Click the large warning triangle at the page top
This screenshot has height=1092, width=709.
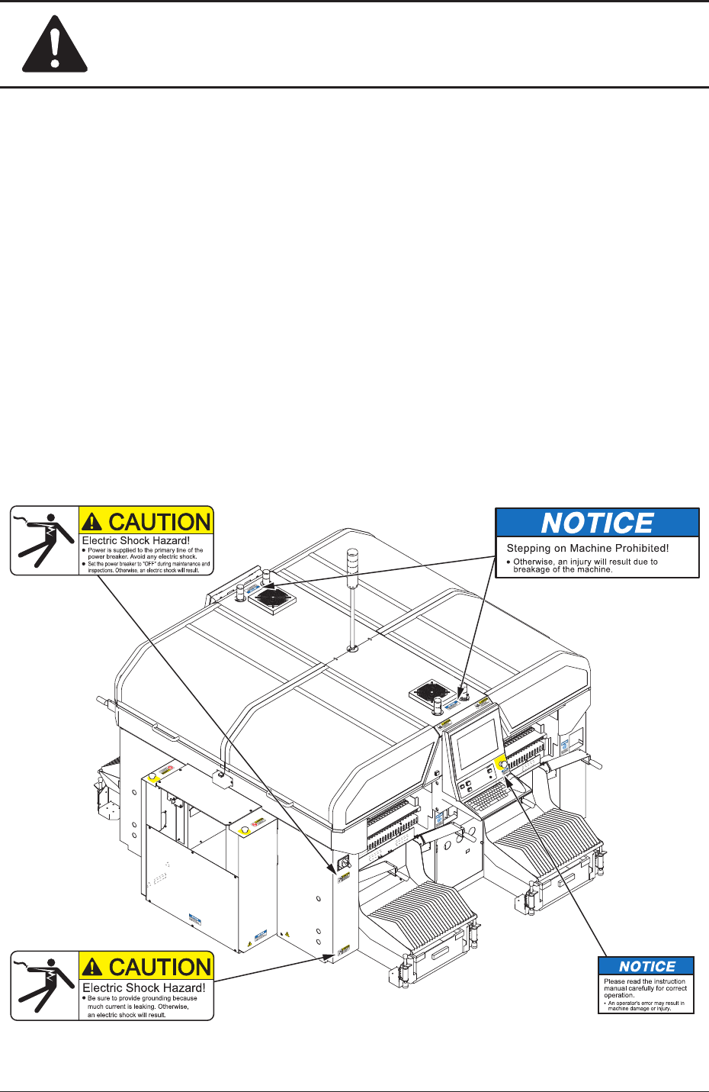(54, 45)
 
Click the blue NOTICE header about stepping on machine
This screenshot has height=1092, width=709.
(597, 523)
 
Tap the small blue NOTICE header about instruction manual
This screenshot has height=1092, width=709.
(646, 966)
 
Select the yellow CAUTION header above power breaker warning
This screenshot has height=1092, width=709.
(146, 521)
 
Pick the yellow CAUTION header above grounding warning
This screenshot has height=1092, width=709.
(146, 966)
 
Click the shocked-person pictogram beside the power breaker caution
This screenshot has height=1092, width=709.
(44, 541)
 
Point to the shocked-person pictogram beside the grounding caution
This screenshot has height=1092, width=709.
(44, 986)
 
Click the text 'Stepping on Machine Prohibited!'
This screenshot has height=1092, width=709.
(587, 548)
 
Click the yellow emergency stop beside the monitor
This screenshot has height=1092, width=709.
(502, 764)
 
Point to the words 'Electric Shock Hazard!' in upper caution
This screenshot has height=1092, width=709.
(136, 540)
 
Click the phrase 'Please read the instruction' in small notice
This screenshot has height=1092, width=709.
(644, 981)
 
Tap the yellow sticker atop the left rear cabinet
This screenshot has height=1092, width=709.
(153, 775)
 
